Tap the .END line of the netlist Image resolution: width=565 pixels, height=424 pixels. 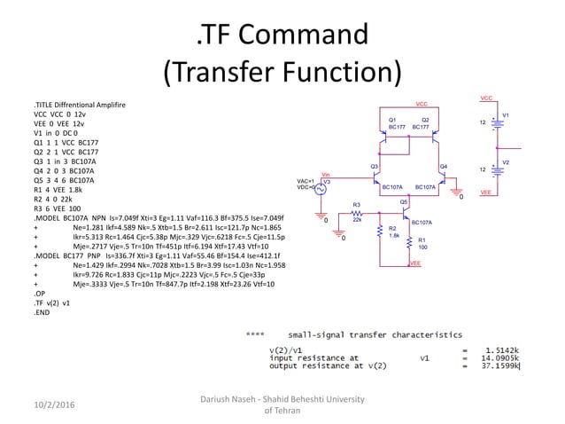point(43,314)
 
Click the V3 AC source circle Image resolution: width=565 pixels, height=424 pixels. point(320,187)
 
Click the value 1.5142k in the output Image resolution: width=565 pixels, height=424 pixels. point(500,349)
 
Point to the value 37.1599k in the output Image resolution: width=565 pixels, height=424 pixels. point(500,365)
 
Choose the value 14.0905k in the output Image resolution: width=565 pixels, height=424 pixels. point(500,357)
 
